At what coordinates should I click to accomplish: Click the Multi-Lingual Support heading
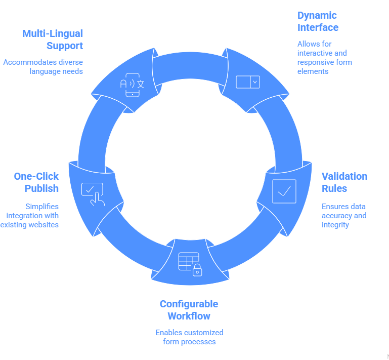[x=53, y=39]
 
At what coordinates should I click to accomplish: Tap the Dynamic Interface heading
[x=318, y=22]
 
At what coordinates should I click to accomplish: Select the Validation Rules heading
[x=344, y=182]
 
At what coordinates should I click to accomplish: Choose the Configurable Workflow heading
[x=189, y=310]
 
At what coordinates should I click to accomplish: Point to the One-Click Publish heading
[x=36, y=182]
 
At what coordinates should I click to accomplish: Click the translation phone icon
[x=132, y=85]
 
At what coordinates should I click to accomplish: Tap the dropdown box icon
[x=248, y=82]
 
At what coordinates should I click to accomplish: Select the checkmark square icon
[x=284, y=191]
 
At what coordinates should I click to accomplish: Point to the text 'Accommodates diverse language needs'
[x=43, y=67]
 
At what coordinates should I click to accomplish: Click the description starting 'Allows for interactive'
[x=324, y=57]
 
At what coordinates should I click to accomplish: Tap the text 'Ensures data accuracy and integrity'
[x=343, y=216]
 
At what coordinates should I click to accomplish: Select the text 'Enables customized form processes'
[x=189, y=337]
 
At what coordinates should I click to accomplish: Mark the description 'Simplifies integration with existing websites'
[x=30, y=215]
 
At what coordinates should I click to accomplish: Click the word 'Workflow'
[x=189, y=316]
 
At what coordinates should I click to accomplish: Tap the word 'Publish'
[x=42, y=189]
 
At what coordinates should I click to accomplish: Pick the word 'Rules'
[x=334, y=189]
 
